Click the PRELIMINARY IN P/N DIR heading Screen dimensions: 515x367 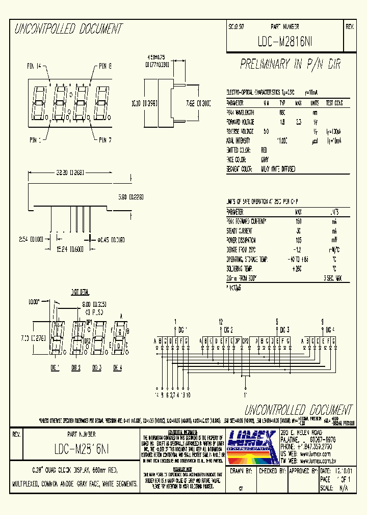[290, 64]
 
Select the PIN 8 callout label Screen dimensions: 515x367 [106, 66]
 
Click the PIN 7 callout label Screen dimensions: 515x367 [106, 139]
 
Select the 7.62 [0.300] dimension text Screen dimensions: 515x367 [196, 103]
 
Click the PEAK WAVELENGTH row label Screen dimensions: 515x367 [241, 111]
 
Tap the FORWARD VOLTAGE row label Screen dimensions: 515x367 [241, 122]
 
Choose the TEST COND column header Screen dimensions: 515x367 [334, 102]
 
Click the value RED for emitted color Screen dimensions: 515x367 [264, 150]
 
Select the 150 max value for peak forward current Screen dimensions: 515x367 [298, 221]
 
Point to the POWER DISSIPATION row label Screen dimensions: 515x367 [242, 240]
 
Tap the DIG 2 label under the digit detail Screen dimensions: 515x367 [75, 367]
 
